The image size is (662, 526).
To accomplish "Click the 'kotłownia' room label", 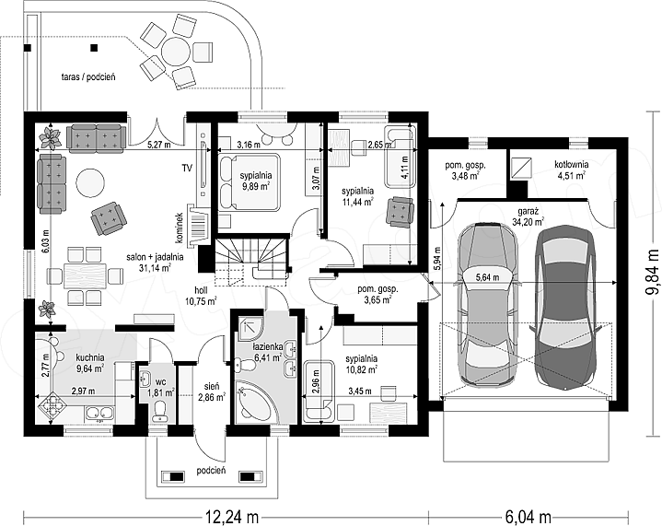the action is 571,164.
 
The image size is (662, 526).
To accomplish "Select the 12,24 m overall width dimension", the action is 232,516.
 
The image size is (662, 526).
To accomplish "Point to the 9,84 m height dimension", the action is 653,273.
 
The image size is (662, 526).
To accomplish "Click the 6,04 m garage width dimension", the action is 528,516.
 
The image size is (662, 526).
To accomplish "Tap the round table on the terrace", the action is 176,52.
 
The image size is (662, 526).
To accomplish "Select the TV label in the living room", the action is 187,169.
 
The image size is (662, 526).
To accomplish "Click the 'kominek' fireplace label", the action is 180,228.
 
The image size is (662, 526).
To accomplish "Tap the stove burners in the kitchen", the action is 52,404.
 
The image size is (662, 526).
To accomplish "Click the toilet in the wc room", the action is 160,411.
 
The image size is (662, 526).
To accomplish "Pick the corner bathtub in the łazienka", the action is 253,399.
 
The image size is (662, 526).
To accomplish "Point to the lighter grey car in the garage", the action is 488,305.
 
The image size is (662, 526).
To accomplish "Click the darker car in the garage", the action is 565,307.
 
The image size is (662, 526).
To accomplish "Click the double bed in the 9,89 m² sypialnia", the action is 250,181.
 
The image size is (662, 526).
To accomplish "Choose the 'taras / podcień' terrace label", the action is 88,76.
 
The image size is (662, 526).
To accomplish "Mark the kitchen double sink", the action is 99,414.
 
